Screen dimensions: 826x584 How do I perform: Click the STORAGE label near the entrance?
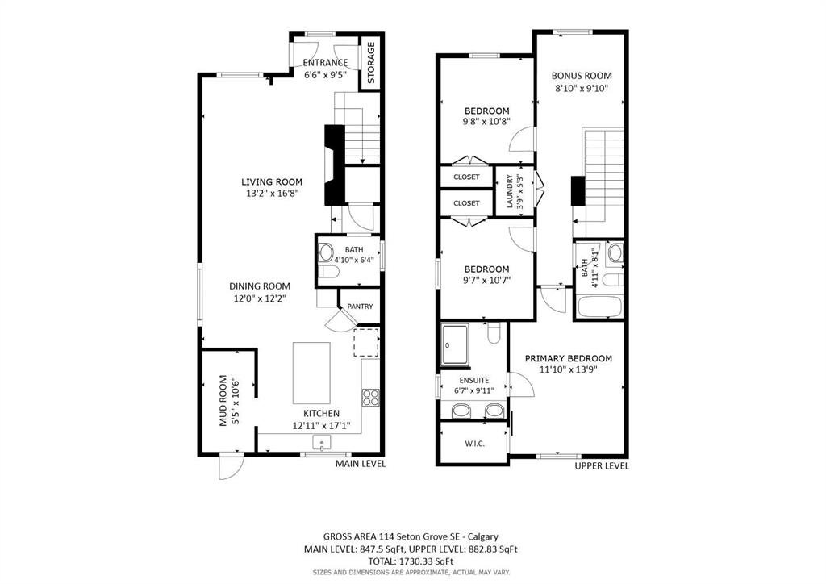[x=371, y=63]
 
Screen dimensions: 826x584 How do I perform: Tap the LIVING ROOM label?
[x=272, y=182]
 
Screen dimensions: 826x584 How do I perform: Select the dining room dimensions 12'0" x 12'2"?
[x=260, y=298]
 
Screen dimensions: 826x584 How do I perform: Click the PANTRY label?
[x=361, y=306]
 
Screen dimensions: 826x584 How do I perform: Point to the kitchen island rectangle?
[x=312, y=373]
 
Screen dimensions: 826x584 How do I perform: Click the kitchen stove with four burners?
[x=370, y=397]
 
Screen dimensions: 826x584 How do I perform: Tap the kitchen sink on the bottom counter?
[x=321, y=442]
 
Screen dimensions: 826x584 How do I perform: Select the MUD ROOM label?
[x=223, y=400]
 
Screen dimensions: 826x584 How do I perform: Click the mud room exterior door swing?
[x=231, y=466]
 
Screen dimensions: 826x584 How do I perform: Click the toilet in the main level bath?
[x=328, y=273]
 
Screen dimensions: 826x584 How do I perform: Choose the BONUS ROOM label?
[x=582, y=75]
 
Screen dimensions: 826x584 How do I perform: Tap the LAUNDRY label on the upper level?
[x=510, y=191]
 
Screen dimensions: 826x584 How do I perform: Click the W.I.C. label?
[x=474, y=444]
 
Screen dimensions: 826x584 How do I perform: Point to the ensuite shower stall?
[x=455, y=344]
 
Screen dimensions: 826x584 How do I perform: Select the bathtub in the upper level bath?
[x=600, y=307]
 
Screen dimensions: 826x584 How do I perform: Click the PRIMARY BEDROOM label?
[x=569, y=358]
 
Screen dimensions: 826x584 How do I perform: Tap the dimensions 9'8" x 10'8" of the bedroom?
[x=486, y=122]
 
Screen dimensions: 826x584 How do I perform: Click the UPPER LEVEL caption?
[x=602, y=465]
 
